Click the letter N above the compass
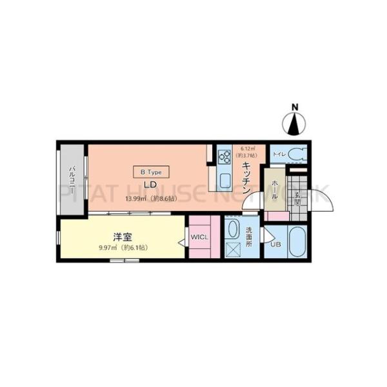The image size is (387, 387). [x=295, y=107]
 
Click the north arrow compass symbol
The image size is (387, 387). [x=295, y=124]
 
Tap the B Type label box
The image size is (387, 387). [x=151, y=172]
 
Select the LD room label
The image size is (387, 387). [x=150, y=184]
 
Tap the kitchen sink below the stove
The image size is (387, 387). [x=225, y=179]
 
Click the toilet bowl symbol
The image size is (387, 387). [x=296, y=154]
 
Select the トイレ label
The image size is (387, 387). [x=279, y=155]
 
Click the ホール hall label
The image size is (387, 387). [x=273, y=188]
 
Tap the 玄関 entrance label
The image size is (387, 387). [x=297, y=197]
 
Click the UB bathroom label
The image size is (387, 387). [x=275, y=244]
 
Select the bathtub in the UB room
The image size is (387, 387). [x=297, y=242]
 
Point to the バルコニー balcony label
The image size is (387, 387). [x=72, y=175]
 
